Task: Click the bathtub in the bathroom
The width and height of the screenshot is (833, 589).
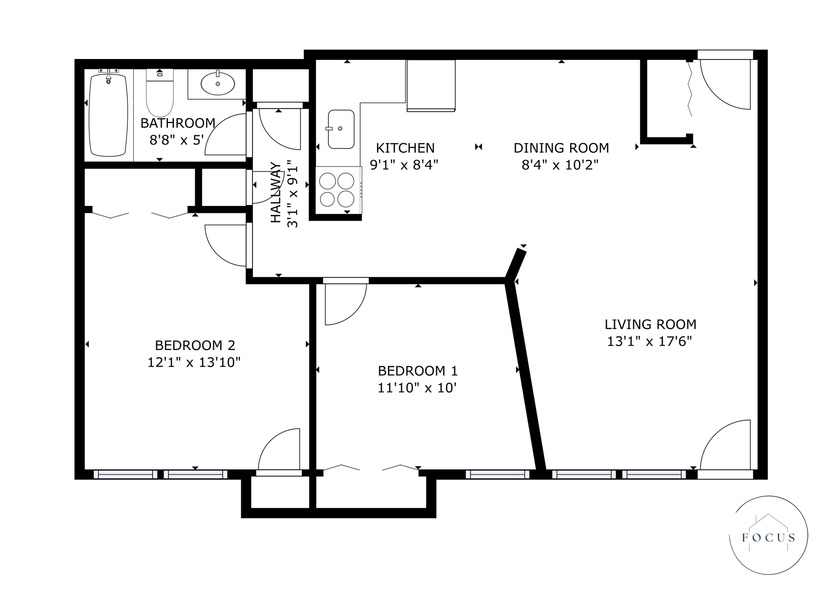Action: tap(108, 115)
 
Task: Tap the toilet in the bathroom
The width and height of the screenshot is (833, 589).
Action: tap(160, 93)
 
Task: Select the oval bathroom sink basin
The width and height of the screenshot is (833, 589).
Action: tap(218, 84)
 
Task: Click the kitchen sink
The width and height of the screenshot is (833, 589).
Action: tap(341, 129)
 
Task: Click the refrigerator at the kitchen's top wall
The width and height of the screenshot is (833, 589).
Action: tap(431, 86)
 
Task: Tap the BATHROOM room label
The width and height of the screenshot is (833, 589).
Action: tap(178, 123)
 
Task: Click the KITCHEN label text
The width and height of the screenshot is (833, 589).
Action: tap(405, 148)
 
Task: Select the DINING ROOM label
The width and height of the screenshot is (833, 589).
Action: tap(561, 148)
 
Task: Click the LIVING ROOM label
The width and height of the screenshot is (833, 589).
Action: tap(650, 324)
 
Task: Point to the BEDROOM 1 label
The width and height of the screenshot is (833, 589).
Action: tap(418, 371)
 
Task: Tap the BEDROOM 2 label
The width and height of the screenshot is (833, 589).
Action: tap(195, 346)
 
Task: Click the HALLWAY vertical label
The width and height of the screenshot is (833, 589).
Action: tap(276, 193)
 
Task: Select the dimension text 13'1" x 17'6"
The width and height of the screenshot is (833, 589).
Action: tap(649, 341)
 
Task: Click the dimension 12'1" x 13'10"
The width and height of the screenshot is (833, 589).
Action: tap(194, 362)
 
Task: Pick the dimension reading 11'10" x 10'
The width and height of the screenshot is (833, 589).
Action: tap(417, 387)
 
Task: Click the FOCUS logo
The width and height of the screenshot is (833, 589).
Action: tap(768, 535)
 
